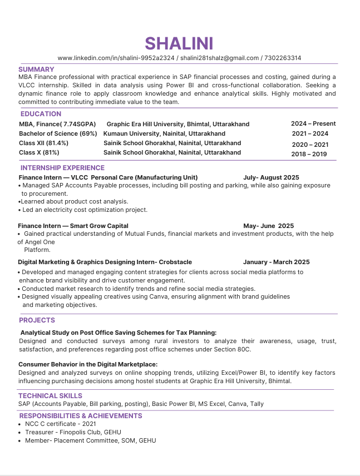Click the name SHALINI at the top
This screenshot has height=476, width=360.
coord(179,43)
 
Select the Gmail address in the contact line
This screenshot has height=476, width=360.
coord(220,58)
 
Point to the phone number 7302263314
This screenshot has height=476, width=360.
coord(283,58)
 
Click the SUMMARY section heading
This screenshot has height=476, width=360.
coord(36,69)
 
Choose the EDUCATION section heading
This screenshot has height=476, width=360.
coord(41,114)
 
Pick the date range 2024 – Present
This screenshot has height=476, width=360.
coord(313,123)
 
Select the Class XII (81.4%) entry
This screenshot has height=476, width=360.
coord(43,143)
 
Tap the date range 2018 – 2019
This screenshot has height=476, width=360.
coord(309,154)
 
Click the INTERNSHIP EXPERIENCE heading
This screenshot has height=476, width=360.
coord(62,168)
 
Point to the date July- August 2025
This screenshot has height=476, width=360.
coord(271,177)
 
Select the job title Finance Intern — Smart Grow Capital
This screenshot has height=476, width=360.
coord(73,226)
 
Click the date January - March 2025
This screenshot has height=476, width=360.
coord(277,262)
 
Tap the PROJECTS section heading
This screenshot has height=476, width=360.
coord(37,320)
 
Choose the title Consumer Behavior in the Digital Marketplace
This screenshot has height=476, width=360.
coord(88,364)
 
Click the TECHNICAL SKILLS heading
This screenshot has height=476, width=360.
coord(50,396)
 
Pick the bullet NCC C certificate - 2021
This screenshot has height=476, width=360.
coord(57,424)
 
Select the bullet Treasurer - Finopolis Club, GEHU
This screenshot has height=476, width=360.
coord(73,432)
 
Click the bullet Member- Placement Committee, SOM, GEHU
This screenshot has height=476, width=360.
coord(90,440)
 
